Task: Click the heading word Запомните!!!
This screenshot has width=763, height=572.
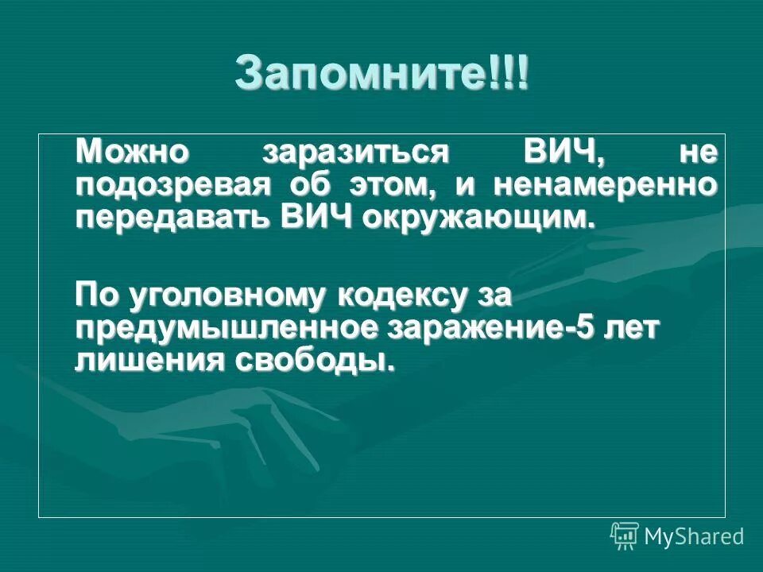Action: point(381,74)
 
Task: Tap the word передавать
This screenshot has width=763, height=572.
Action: point(171,217)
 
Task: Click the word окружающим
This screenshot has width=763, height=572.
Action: point(478,217)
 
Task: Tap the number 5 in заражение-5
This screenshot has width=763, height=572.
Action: point(585,329)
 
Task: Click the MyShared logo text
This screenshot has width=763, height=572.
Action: point(694,537)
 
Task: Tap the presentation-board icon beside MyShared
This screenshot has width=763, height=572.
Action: point(625,536)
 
